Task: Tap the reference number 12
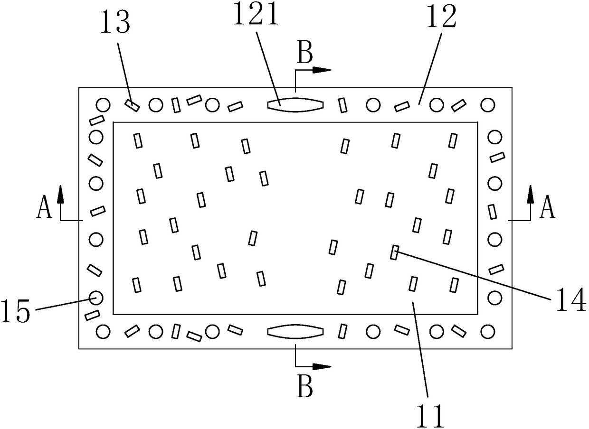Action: coord(442,18)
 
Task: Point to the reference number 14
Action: coord(569,300)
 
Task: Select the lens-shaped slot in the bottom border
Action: coord(295,332)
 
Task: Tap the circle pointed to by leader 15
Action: coord(96,298)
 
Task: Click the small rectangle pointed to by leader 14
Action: coord(394,252)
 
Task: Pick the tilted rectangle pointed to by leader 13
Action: coord(133,105)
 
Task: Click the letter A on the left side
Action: coord(44,209)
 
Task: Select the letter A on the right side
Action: coord(548,209)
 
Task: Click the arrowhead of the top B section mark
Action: coord(323,70)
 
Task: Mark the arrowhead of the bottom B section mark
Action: coord(323,366)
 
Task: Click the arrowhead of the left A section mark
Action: coord(61,193)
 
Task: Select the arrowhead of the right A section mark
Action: coord(530,193)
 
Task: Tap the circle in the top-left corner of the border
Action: coord(103,104)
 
